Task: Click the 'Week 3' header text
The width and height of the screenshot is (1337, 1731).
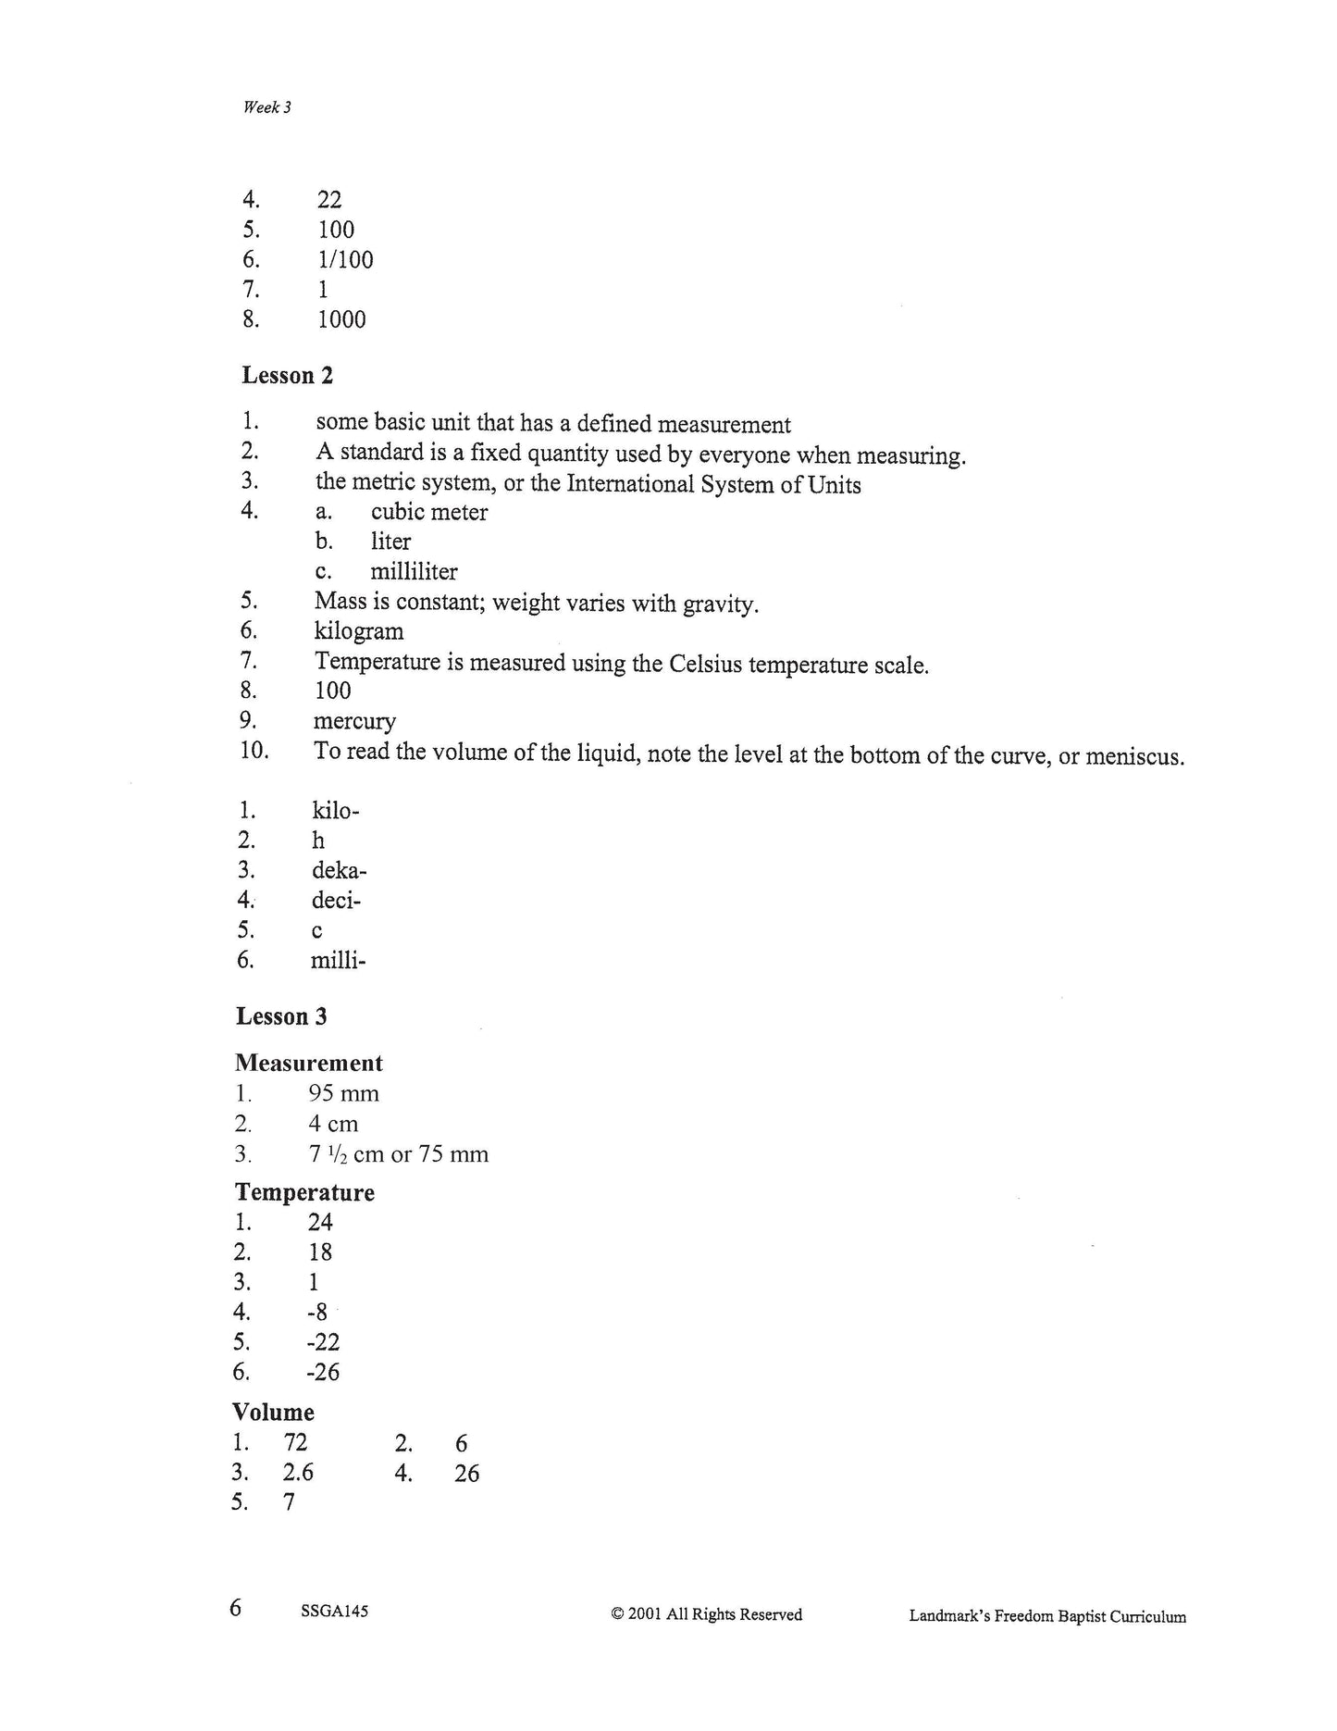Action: tap(266, 107)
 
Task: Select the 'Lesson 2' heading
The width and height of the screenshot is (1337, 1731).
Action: tap(287, 375)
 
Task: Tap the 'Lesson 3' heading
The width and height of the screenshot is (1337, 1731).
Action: tap(281, 1016)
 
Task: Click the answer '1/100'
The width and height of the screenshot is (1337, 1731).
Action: tap(345, 259)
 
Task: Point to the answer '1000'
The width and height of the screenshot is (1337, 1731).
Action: tap(341, 319)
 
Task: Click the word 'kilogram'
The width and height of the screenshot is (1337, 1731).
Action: tap(359, 632)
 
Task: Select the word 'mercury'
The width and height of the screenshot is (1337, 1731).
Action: tap(354, 721)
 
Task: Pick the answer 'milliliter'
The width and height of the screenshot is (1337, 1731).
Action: tap(414, 572)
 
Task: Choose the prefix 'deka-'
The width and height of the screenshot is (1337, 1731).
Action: tap(340, 871)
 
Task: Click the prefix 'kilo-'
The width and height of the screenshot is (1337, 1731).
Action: tap(336, 812)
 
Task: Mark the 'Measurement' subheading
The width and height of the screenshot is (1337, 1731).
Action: tap(308, 1063)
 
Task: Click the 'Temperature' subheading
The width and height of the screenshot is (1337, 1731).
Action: tap(304, 1192)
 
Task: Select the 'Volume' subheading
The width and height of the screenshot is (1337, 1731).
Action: tap(273, 1413)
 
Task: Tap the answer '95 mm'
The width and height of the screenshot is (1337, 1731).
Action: tap(343, 1094)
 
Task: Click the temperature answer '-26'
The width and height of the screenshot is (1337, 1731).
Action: tap(323, 1372)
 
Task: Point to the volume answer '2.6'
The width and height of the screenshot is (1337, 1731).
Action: tap(298, 1473)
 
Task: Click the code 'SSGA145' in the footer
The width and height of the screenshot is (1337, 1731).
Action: tap(334, 1612)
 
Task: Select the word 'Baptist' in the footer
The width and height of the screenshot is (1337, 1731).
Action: tap(1079, 1617)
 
